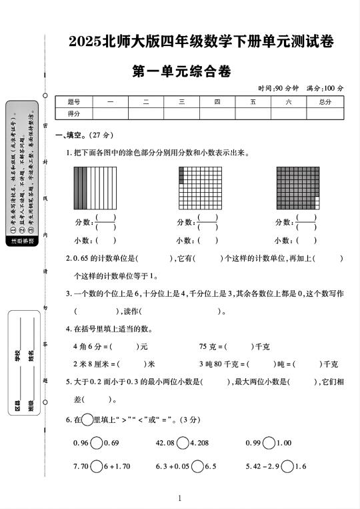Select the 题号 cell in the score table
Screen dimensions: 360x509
tap(74, 102)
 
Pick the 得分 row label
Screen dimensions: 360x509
tap(74, 113)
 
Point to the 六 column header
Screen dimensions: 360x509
tap(288, 102)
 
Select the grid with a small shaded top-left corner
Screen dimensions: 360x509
tap(199, 187)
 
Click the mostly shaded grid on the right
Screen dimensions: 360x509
tap(297, 187)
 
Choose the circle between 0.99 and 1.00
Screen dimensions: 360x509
tap(269, 442)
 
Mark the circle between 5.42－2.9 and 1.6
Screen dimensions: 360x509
tap(287, 466)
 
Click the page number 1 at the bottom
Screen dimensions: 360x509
tap(180, 498)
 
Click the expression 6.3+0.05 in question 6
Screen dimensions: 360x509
tap(171, 466)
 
